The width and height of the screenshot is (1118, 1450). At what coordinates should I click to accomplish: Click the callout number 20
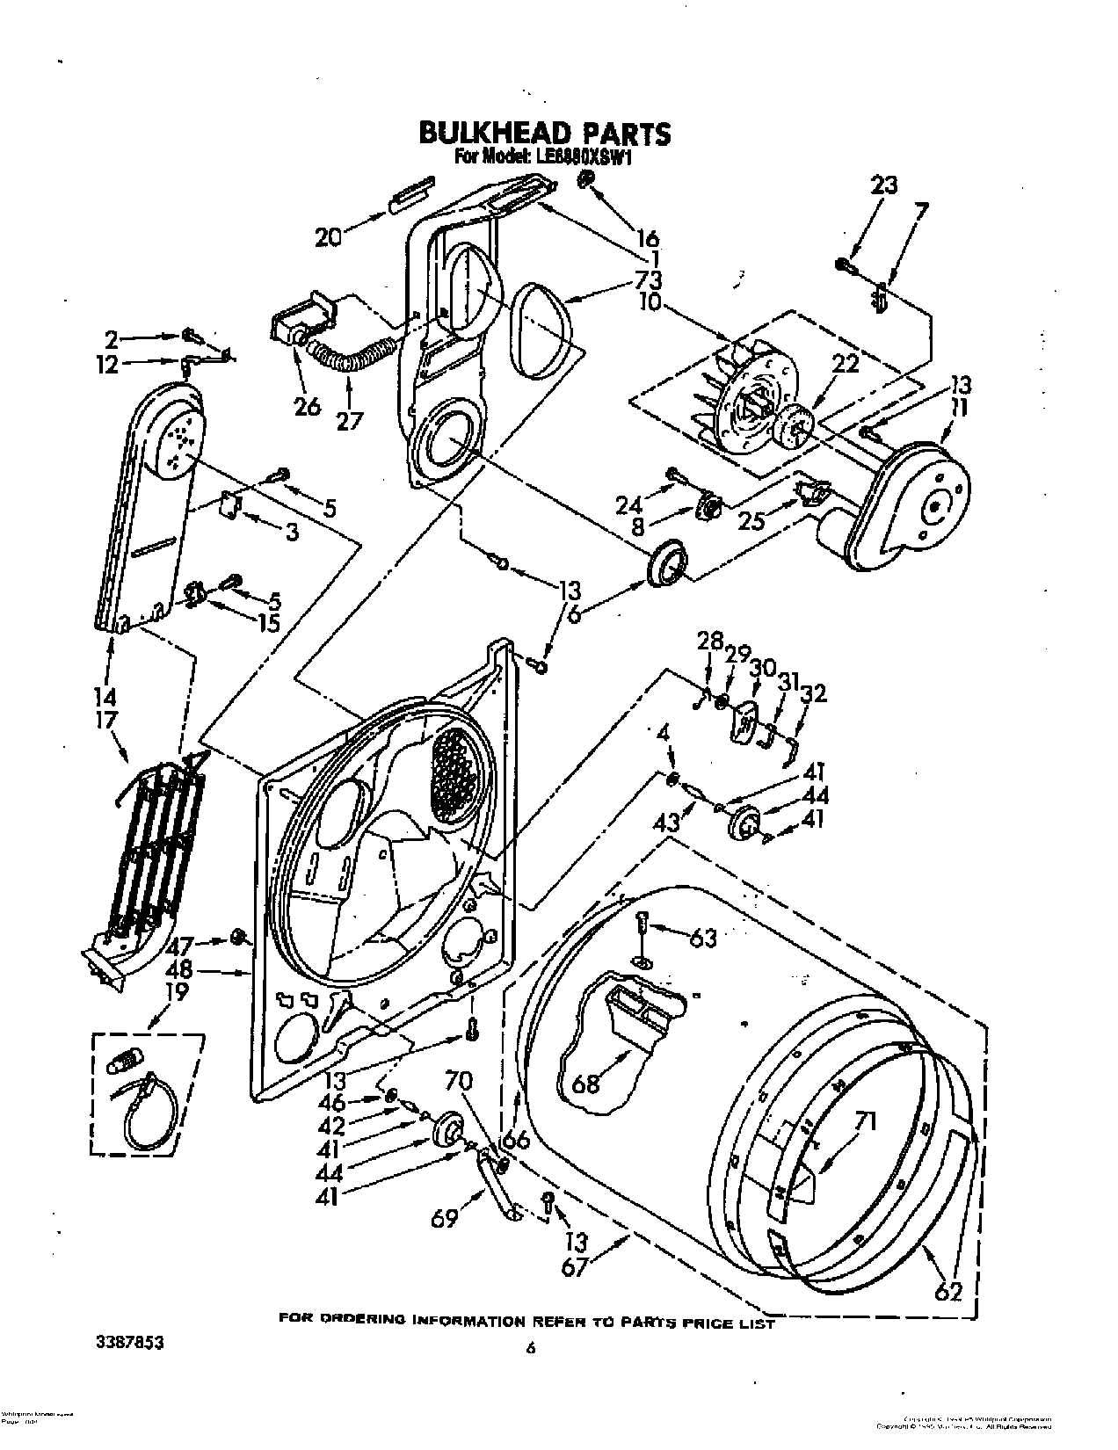coord(328,237)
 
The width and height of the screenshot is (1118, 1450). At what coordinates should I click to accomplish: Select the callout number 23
coord(884,185)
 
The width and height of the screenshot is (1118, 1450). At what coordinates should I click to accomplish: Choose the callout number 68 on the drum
coord(586,1083)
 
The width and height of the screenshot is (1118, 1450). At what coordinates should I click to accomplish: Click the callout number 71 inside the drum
coord(865,1120)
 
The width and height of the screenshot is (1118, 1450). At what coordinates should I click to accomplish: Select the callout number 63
coord(703,939)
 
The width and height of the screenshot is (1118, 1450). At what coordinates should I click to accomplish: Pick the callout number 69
coord(446,1219)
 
